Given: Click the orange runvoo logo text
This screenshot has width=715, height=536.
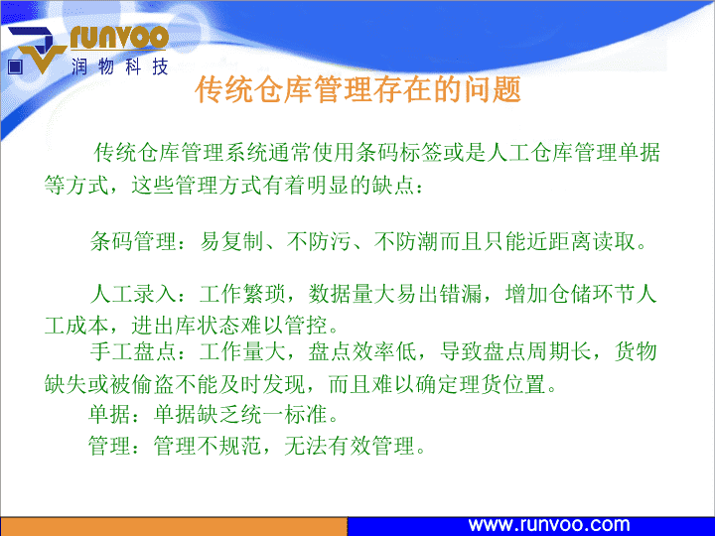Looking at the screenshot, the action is (x=119, y=38).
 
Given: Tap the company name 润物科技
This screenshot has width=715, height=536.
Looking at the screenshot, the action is (x=120, y=67).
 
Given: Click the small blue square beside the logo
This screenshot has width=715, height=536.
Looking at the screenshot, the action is (x=15, y=67).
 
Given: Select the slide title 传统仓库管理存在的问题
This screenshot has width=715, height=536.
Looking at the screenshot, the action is (x=357, y=89).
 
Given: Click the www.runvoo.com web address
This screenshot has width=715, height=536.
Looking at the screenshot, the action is (x=548, y=525).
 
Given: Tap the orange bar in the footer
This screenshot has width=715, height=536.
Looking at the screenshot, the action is (x=173, y=526).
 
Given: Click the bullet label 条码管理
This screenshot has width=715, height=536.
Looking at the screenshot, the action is (x=133, y=241).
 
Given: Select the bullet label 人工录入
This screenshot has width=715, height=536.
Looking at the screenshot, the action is (x=133, y=294).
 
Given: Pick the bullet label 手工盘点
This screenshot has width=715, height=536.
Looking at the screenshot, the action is (x=133, y=351).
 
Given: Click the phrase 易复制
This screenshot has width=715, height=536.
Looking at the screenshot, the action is (x=231, y=241).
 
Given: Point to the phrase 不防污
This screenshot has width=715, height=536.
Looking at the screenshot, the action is (x=319, y=241).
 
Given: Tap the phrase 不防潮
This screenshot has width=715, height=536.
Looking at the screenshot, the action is (x=406, y=241).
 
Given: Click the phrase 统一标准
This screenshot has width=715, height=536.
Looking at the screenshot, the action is (x=285, y=414).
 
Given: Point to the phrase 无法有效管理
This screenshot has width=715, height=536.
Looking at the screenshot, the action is (x=349, y=446).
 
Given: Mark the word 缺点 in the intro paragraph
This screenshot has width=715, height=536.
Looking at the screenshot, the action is (x=393, y=185).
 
